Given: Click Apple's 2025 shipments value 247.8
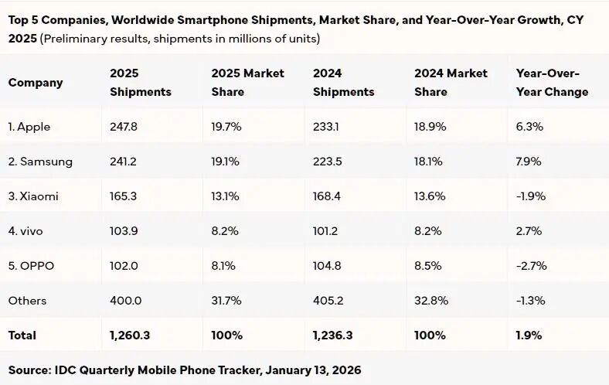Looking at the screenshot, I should click(124, 127).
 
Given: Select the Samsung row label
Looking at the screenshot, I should click(40, 162).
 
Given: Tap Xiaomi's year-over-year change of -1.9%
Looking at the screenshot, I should click(531, 196).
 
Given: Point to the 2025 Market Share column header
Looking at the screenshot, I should click(247, 82).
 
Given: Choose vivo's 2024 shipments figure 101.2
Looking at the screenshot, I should click(328, 231).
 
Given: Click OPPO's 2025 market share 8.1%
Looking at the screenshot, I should click(224, 266).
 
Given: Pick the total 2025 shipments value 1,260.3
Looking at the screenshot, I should click(130, 336).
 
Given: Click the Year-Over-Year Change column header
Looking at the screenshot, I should click(552, 82).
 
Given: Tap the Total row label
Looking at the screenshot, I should click(22, 336).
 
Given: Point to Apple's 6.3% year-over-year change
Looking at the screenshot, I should click(529, 127).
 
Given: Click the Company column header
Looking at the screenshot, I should click(36, 82).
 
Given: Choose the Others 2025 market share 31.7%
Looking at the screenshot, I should click(226, 301).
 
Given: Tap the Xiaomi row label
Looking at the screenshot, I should click(33, 196).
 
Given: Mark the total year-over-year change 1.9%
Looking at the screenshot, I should click(529, 336).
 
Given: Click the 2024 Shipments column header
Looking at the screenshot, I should click(343, 82).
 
